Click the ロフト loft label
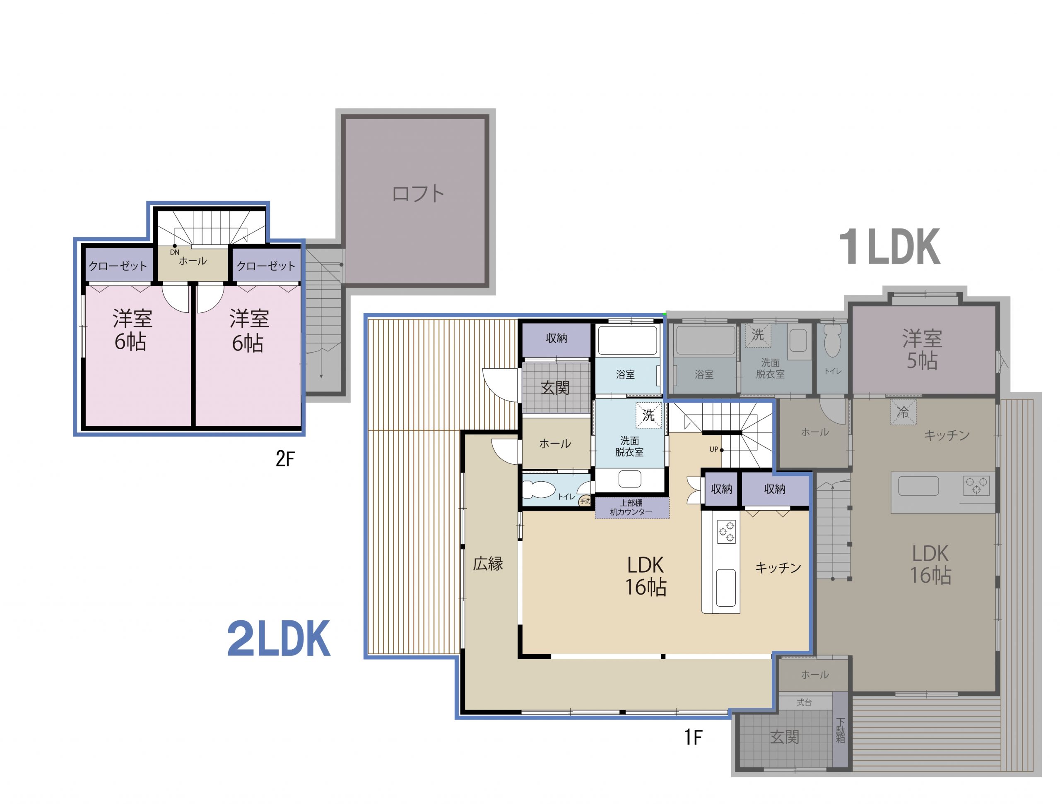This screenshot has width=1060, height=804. (418, 194)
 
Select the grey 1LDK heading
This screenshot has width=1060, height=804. (889, 247)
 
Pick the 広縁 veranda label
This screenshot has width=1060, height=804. (488, 564)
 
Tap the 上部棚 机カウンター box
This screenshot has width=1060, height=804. (631, 508)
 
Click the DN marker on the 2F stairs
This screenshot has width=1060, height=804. (174, 252)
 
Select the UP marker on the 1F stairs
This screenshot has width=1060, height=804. (714, 449)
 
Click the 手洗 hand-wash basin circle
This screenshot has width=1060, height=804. (585, 501)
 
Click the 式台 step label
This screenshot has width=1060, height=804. (804, 703)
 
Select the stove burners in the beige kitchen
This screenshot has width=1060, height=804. (725, 531)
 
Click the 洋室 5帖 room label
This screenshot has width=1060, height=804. (922, 350)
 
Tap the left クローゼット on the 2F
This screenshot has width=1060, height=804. (118, 266)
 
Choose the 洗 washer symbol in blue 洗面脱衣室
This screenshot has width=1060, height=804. (648, 415)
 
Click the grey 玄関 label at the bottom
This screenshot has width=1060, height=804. (785, 737)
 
